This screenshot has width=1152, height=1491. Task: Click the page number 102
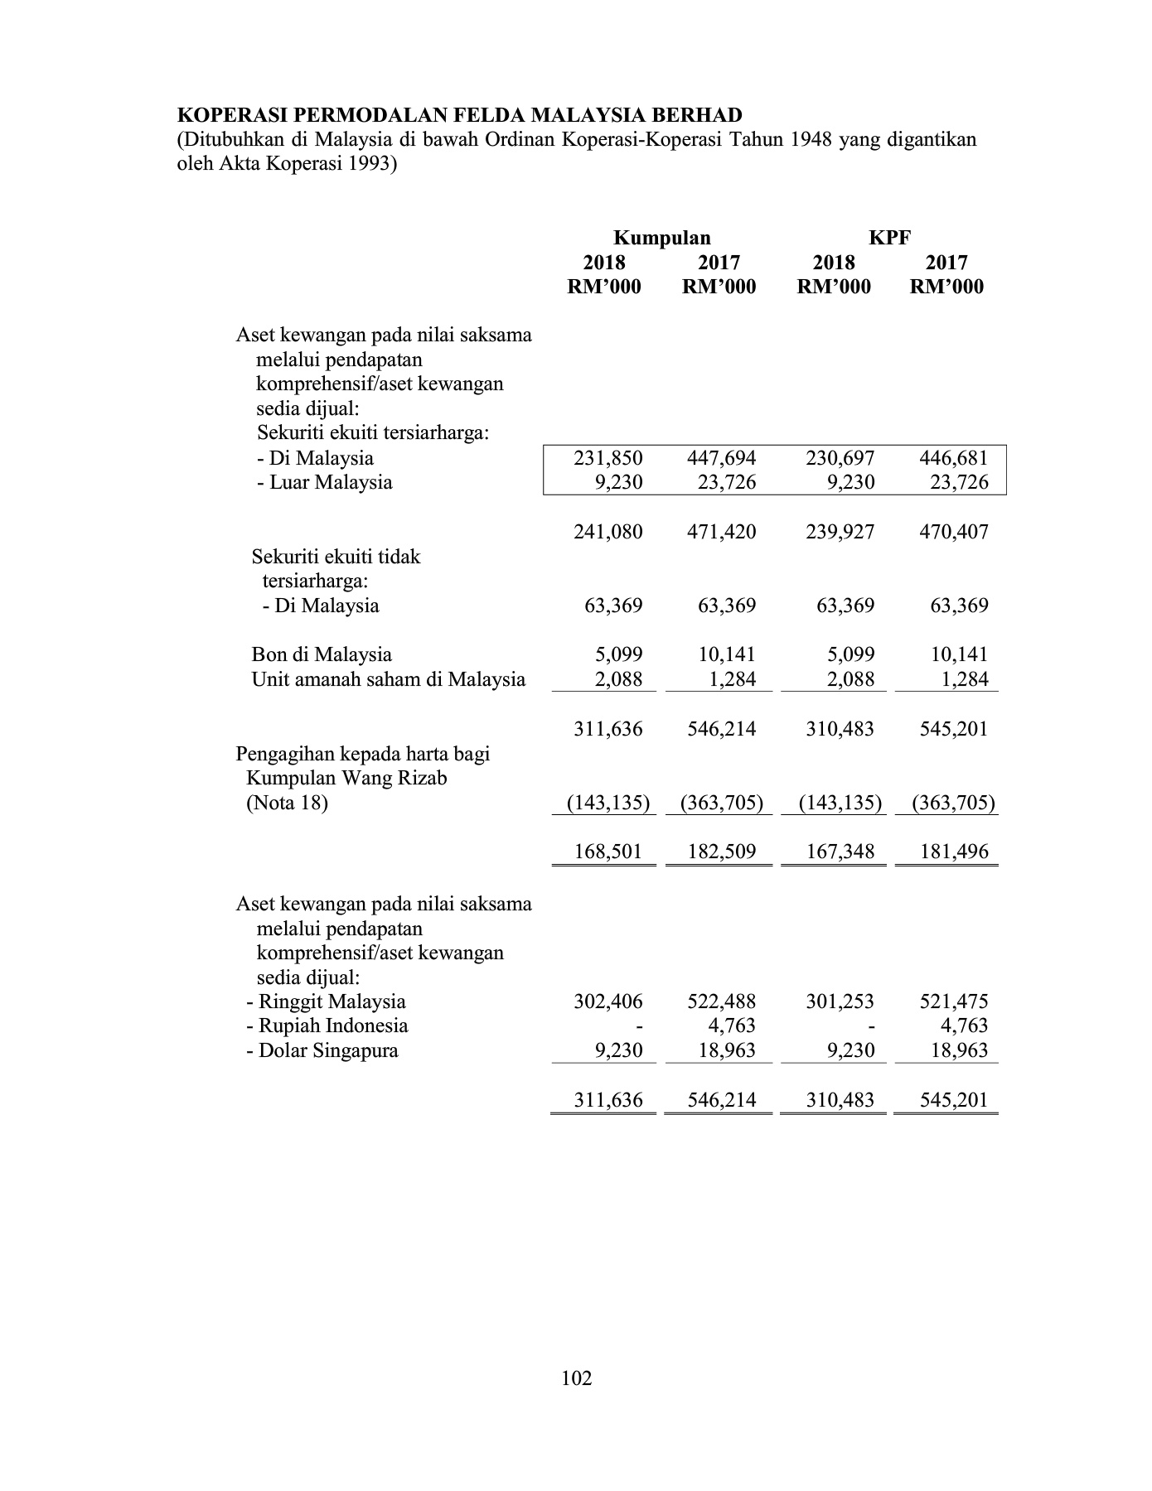pos(576,1378)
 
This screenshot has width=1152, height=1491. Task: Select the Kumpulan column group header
pos(661,239)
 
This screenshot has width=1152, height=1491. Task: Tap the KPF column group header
pos(889,239)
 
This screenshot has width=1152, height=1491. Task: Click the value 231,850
pos(608,458)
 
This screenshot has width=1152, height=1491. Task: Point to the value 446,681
pos(954,458)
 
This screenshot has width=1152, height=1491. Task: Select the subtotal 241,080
pos(608,532)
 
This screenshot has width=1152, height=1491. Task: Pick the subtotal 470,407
pos(954,532)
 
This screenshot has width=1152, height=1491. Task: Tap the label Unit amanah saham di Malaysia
pos(388,680)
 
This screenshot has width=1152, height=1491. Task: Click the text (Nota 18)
pos(287,803)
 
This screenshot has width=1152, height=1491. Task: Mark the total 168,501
pos(608,852)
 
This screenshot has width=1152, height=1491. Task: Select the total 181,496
pos(954,852)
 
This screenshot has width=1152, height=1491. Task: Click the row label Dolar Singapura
pos(327,1051)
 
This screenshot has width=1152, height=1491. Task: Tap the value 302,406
pos(608,1001)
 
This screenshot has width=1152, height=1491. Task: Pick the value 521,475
pos(954,1001)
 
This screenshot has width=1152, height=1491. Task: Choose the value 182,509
pos(722,852)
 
